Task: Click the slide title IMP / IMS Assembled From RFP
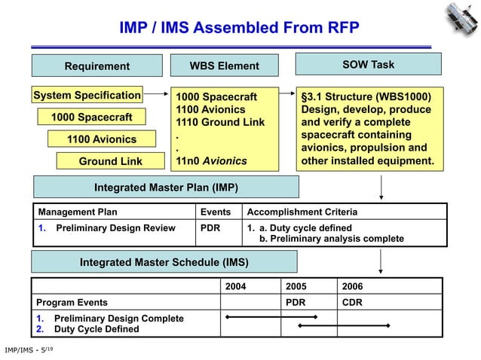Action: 239,29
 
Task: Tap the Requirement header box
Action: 97,66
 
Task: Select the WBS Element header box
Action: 224,66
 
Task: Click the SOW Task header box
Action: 368,65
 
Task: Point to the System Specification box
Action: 87,96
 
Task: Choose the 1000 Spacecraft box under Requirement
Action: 91,117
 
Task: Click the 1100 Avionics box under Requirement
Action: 102,139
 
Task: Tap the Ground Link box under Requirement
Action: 110,161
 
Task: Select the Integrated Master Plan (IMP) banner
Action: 166,187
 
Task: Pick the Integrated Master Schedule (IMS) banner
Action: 164,262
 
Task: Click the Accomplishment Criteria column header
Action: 302,212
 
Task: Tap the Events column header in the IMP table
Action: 214,212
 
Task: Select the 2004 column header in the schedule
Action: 236,286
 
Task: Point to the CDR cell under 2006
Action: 352,302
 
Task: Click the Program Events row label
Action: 72,302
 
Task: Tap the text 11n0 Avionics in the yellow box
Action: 211,160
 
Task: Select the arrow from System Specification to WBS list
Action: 155,96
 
